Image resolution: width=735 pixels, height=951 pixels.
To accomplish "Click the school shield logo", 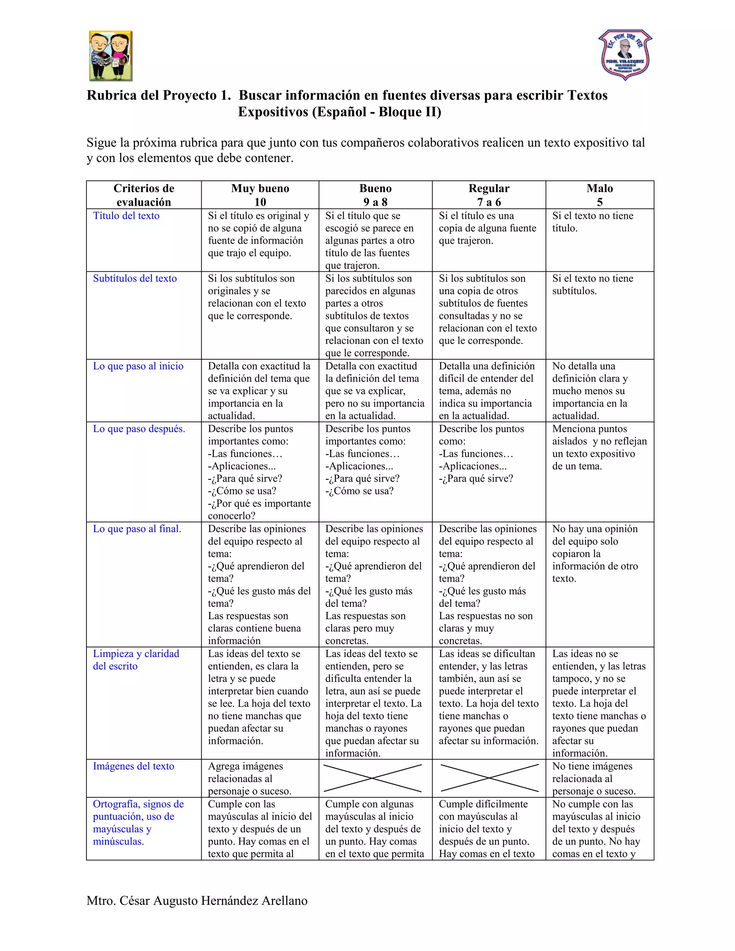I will tap(625, 55).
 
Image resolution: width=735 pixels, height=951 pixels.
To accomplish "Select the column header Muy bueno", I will tap(260, 195).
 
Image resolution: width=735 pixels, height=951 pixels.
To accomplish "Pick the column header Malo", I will tap(600, 195).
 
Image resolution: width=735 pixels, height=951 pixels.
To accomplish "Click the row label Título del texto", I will tap(126, 216).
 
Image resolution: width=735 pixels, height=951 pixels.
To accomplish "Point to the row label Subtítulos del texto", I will tap(135, 279).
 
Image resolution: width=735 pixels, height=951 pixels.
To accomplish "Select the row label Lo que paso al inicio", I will tap(138, 366).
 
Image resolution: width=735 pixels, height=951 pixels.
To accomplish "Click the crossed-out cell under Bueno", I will tap(373, 778).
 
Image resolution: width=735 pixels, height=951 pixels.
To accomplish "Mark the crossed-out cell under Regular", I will tap(490, 778).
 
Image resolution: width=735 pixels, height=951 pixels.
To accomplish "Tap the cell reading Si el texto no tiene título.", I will tap(592, 222).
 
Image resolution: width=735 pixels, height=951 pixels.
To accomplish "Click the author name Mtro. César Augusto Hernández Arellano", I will tap(197, 900).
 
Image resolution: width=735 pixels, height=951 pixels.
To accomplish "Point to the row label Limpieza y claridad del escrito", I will tap(136, 660).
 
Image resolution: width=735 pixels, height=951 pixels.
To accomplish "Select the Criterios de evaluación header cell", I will tap(144, 195).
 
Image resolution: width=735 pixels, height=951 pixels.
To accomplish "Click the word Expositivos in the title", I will tap(273, 112).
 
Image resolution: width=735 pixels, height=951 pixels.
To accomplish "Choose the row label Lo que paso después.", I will tap(139, 429).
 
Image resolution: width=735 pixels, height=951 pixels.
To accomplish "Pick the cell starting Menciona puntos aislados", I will tap(599, 448).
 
